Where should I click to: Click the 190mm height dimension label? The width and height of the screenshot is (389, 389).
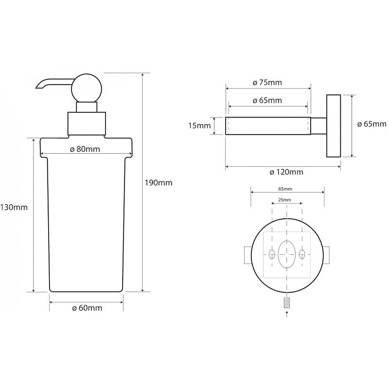pos(159,183)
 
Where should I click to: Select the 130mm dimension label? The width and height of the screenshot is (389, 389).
pos(14,207)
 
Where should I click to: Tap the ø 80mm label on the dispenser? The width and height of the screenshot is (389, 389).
pos(85,149)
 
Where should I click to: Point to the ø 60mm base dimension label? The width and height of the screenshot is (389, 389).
pos(87,308)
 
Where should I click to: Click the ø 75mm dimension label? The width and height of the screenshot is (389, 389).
pos(267,82)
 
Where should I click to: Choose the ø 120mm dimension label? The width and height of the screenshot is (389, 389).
pos(286,172)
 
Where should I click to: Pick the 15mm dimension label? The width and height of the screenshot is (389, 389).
pos(199,126)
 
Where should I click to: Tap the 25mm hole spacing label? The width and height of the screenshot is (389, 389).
pos(284,200)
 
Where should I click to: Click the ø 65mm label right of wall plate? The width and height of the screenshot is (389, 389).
pos(371,124)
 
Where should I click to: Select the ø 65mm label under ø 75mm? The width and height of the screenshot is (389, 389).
pos(267,101)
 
